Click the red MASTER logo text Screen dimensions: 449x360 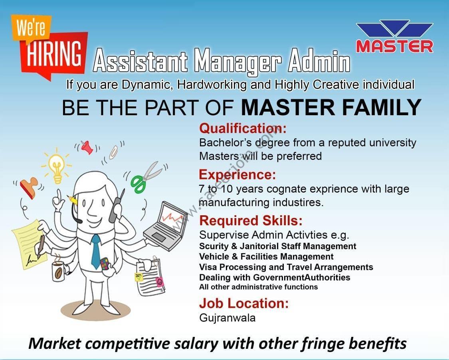[395, 46]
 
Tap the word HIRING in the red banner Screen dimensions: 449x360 [54, 54]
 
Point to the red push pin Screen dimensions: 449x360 [87, 147]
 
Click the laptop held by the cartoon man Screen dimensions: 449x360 [166, 226]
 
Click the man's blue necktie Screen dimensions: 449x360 [96, 252]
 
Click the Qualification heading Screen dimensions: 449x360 [243, 128]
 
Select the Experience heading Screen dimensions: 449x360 [237, 175]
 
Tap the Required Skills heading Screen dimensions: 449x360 [251, 221]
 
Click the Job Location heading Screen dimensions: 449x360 [244, 303]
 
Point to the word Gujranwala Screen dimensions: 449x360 [227, 318]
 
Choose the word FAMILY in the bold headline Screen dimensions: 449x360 [382, 107]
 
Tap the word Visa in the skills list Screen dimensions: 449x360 [208, 267]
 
